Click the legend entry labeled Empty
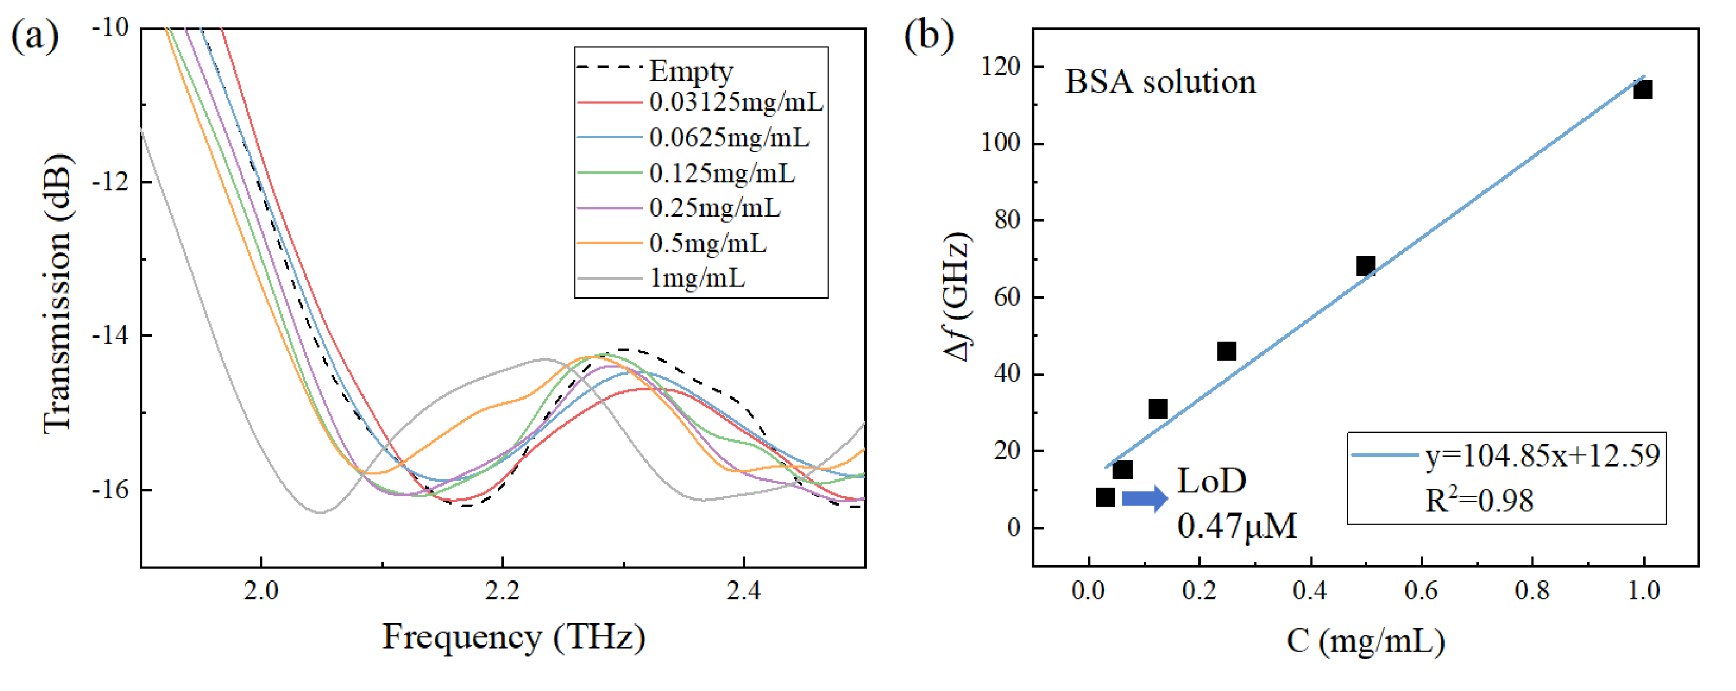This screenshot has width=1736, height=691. click(x=690, y=70)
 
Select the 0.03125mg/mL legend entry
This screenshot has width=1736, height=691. click(x=735, y=102)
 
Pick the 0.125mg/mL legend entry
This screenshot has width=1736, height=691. click(x=721, y=173)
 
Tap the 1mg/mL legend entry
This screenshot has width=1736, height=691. click(x=697, y=277)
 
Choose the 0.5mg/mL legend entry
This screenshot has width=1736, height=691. click(x=707, y=243)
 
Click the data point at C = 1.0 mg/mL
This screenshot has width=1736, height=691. click(x=1642, y=89)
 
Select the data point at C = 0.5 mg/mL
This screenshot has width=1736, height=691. click(x=1365, y=265)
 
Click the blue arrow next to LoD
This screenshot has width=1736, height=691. click(x=1144, y=499)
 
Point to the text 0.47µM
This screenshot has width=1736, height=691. click(x=1237, y=526)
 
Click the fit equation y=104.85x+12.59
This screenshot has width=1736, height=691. click(x=1542, y=456)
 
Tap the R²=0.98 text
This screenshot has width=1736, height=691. click(x=1479, y=501)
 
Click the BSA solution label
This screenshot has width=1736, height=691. click(x=1160, y=82)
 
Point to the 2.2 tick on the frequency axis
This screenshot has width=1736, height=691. click(x=502, y=591)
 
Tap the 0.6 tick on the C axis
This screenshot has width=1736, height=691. click(x=1421, y=591)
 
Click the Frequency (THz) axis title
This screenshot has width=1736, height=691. click(x=514, y=636)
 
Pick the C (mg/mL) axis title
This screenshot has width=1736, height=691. click(x=1365, y=641)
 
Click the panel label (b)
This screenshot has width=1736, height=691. click(x=928, y=35)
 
